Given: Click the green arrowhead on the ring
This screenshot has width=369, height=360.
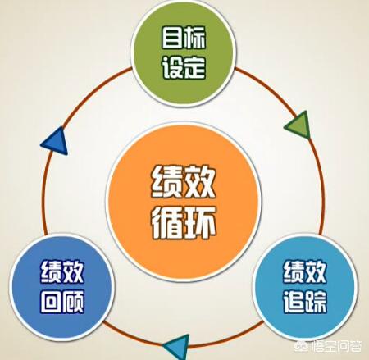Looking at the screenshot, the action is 299,125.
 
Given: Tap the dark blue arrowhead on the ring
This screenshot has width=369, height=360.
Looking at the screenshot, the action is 57,141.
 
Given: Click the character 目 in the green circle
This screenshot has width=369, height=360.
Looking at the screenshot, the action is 172,38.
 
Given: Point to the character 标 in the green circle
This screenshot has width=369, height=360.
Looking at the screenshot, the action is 195,38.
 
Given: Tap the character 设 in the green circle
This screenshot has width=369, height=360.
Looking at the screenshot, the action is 172,68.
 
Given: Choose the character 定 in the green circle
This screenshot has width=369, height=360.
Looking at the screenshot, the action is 195,68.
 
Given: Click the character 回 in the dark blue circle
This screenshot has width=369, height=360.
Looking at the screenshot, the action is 51,302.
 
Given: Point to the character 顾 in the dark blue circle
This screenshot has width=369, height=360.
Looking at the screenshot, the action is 73,302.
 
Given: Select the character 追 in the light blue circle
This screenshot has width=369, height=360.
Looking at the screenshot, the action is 294,302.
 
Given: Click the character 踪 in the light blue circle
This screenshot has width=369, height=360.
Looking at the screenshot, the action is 316,302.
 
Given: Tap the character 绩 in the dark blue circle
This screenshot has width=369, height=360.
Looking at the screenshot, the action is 51,271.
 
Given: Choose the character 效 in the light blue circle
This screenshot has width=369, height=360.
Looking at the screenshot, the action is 316,271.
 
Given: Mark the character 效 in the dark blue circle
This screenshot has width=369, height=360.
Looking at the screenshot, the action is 73,271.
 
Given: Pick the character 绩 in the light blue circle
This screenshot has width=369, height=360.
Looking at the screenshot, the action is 294,271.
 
